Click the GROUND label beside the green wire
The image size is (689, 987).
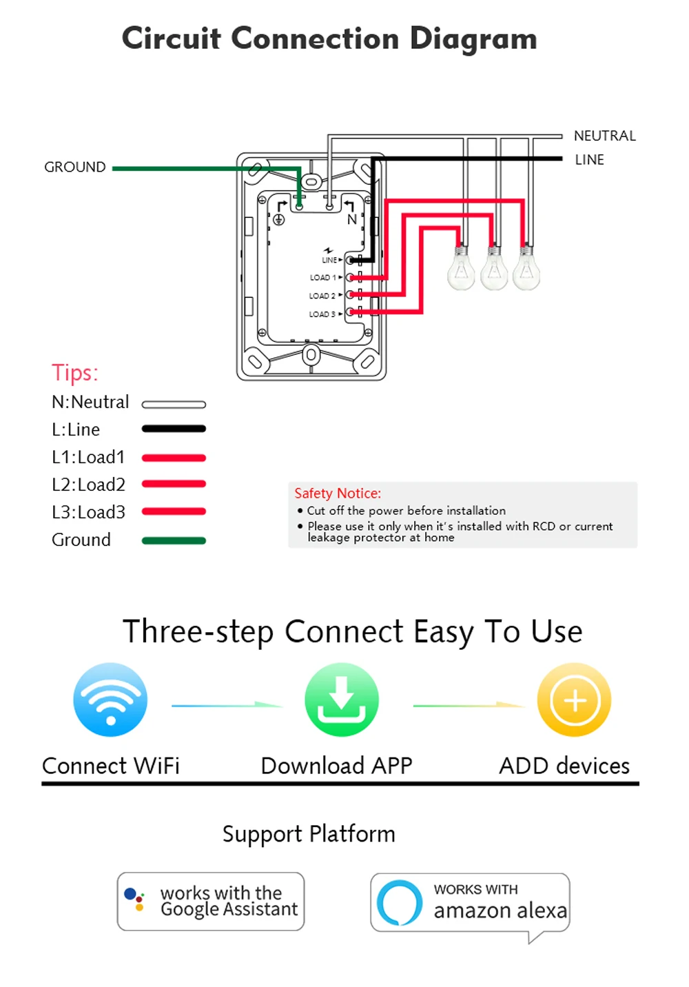(x=75, y=167)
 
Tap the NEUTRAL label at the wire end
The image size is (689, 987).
(x=604, y=136)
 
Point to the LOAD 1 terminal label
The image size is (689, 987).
(x=322, y=278)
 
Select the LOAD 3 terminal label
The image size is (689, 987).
(x=322, y=314)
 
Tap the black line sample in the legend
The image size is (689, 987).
(x=174, y=429)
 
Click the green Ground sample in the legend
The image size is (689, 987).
(x=174, y=540)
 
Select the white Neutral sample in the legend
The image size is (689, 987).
(x=174, y=405)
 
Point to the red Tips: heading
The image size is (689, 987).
(x=75, y=373)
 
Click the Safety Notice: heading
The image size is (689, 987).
(x=338, y=493)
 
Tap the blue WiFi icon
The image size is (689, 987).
(x=110, y=700)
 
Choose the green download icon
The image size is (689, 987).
(x=342, y=700)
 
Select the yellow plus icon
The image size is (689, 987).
(x=575, y=700)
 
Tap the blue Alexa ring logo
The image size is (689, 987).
(x=399, y=902)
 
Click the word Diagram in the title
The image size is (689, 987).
(x=473, y=39)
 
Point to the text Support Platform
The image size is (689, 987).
(x=309, y=834)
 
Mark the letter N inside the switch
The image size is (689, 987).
(x=352, y=220)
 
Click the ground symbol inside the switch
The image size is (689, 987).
(x=279, y=220)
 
